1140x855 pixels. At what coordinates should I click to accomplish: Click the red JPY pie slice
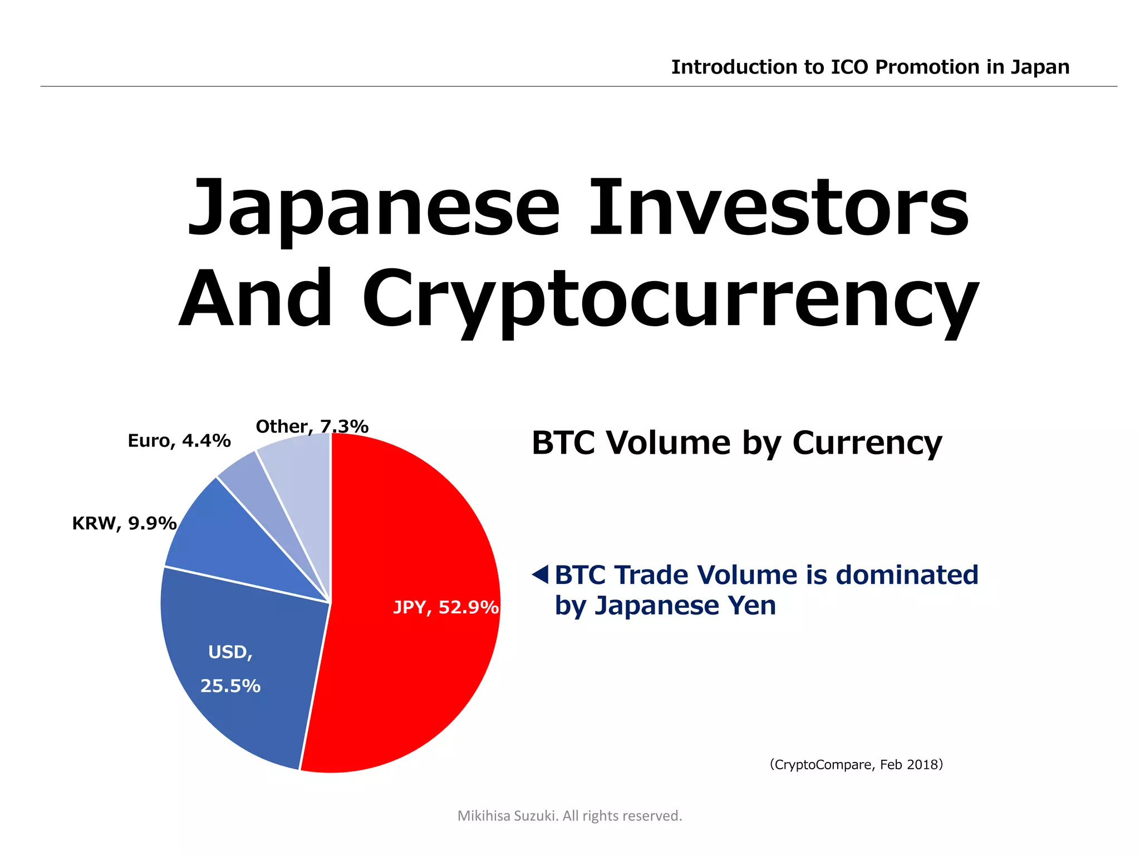click(412, 557)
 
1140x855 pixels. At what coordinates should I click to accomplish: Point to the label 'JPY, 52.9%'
click(445, 607)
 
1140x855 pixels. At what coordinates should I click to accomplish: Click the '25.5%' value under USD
click(230, 686)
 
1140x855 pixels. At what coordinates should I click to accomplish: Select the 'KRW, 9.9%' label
click(124, 523)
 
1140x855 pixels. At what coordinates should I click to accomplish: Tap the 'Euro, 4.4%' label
click(179, 441)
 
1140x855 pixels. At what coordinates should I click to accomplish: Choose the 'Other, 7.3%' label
click(312, 426)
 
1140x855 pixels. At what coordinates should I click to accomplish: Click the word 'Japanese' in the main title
click(373, 209)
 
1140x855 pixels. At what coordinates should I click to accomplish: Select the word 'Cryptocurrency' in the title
click(671, 301)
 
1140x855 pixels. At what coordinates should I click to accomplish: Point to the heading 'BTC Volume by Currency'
click(736, 443)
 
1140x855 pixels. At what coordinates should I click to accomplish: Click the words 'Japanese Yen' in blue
click(685, 606)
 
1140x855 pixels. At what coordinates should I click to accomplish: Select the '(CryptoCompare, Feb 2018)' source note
click(856, 764)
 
